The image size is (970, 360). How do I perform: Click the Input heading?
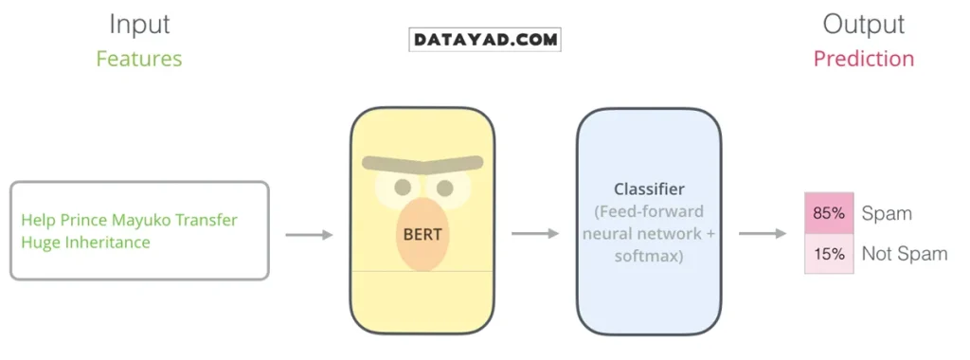coord(138,25)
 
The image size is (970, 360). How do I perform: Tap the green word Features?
coord(138,59)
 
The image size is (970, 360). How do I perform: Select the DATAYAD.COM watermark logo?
coord(485,40)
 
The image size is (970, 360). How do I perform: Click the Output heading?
coord(863,25)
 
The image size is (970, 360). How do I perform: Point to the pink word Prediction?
coord(863,59)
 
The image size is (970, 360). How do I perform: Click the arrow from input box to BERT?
coord(309,234)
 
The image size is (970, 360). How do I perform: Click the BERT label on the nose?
coord(422,234)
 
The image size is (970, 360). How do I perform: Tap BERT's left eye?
coord(404,187)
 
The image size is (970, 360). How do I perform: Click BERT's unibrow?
coord(422,166)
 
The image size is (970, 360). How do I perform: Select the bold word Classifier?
coord(649,189)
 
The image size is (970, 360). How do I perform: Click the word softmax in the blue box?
coord(649,257)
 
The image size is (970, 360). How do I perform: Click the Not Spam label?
coord(904,254)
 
